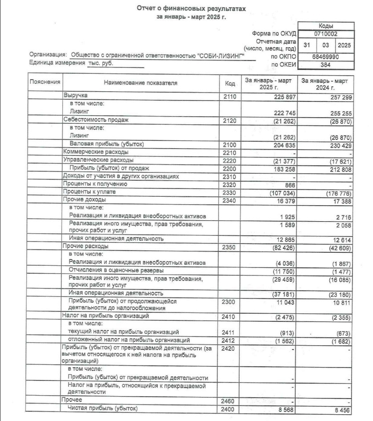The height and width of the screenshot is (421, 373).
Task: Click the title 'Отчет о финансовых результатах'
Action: click(191, 9)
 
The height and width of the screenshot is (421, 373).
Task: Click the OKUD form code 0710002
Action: click(326, 34)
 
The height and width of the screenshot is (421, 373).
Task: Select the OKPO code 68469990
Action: click(326, 57)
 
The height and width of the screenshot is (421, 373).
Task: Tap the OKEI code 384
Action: click(326, 65)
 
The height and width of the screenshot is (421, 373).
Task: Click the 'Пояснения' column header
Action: click(45, 83)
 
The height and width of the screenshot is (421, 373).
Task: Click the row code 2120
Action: click(229, 121)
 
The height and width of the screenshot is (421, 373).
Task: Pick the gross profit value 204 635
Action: click(282, 144)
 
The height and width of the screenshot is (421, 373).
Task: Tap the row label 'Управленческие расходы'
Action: click(98, 160)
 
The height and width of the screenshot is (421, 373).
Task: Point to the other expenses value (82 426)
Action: click(281, 247)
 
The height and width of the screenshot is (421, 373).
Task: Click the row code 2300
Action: click(229, 302)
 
